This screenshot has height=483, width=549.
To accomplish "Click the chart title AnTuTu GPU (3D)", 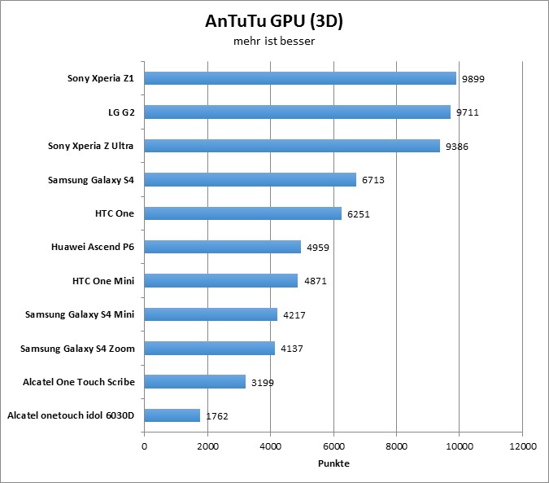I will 274,22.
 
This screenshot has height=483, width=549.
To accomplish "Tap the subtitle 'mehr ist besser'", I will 274,41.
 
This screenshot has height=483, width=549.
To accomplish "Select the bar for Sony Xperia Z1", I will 300,79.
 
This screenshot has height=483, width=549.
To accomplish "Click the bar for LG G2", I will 297,112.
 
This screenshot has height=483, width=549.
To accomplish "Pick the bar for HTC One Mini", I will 221,281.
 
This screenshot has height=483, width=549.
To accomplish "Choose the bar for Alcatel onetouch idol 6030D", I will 172,415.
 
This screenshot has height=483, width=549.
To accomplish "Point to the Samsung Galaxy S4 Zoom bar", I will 210,349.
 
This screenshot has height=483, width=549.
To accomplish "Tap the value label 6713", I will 373,180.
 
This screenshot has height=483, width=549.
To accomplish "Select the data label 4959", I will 318,247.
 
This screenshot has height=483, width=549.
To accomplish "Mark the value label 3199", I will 263,382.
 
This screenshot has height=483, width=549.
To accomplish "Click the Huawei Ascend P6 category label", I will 94,247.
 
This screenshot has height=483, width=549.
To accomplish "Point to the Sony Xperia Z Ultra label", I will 91,146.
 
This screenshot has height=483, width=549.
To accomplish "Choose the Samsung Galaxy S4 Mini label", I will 80,314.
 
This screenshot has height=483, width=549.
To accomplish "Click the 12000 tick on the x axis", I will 522,447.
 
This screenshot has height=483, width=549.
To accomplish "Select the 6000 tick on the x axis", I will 333,447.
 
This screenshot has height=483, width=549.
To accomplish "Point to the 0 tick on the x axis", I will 145,447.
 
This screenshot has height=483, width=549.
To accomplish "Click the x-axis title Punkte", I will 333,463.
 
